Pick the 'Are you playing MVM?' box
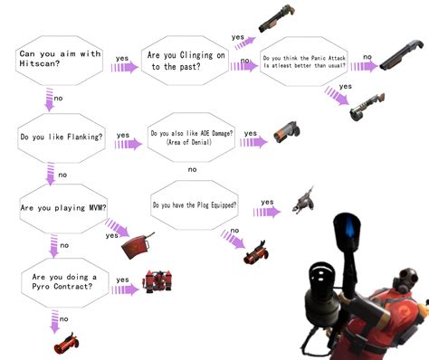pos(60,207)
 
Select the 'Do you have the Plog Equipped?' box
pos(195,205)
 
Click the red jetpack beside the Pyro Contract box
pos(157,282)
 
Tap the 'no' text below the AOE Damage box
pos(192,169)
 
